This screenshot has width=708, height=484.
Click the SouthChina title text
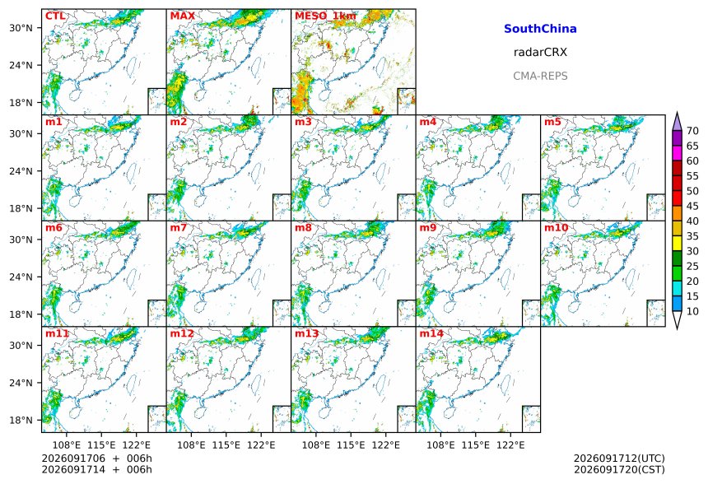540,29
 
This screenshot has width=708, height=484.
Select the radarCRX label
540,53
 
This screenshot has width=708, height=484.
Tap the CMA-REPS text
540,76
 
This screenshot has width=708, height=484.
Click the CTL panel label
55,16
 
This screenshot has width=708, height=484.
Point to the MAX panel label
183,16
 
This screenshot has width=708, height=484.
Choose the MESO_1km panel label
325,16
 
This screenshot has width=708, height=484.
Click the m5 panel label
552,122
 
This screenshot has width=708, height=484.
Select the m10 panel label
556,227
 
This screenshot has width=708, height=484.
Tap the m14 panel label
431,333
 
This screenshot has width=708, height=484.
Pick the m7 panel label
179,227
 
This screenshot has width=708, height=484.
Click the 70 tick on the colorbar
692,131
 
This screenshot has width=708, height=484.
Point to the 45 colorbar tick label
692,207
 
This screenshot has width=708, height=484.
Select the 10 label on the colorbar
692,311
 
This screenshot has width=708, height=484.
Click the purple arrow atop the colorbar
677,122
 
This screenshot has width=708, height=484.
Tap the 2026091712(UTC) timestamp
619,458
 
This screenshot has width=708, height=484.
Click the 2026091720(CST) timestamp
619,470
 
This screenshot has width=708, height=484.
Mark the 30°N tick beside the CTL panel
21,28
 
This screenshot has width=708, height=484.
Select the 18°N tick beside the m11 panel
21,421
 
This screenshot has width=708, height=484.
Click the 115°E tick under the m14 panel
476,445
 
